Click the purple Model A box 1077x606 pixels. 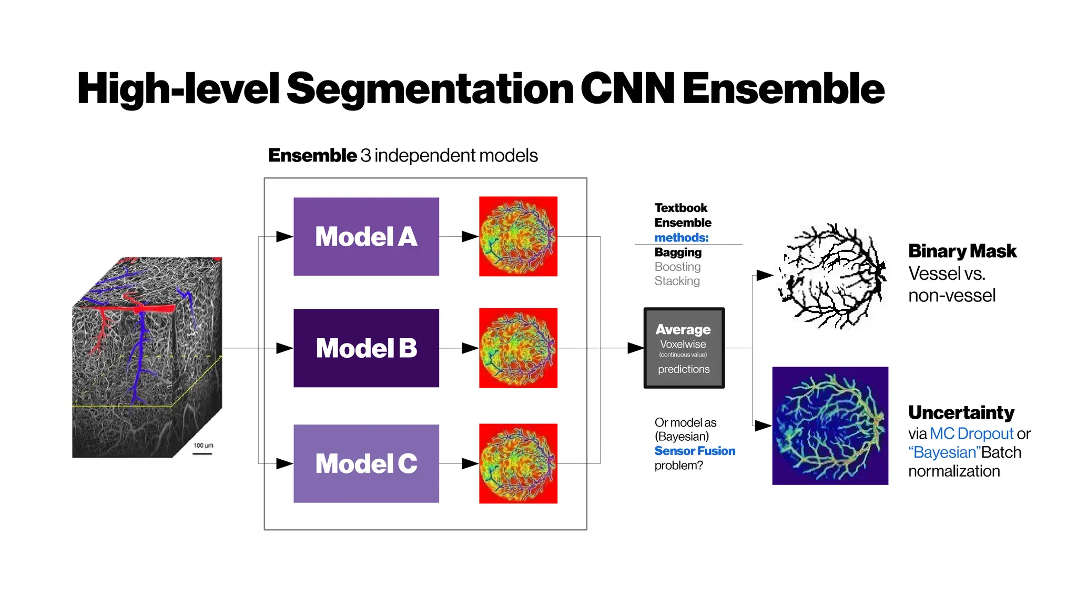click(x=366, y=236)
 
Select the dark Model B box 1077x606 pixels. click(x=366, y=348)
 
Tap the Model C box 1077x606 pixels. click(x=366, y=463)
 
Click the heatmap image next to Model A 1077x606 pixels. click(x=518, y=236)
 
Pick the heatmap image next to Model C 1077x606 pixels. click(x=518, y=463)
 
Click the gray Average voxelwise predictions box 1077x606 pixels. click(x=684, y=348)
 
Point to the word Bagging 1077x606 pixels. click(x=678, y=252)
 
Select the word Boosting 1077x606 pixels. click(x=677, y=267)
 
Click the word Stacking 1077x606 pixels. click(x=677, y=281)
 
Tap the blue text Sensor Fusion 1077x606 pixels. click(x=695, y=451)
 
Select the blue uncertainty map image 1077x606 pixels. click(x=830, y=426)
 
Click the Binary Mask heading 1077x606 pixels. click(x=962, y=251)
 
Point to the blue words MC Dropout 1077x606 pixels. click(x=971, y=433)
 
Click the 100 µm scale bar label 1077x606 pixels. click(x=203, y=446)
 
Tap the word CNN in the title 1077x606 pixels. click(x=627, y=88)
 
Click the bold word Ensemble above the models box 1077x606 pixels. click(x=312, y=156)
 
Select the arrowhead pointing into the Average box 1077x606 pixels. click(x=635, y=348)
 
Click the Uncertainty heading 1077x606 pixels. click(x=961, y=412)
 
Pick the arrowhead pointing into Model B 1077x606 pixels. click(x=284, y=348)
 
